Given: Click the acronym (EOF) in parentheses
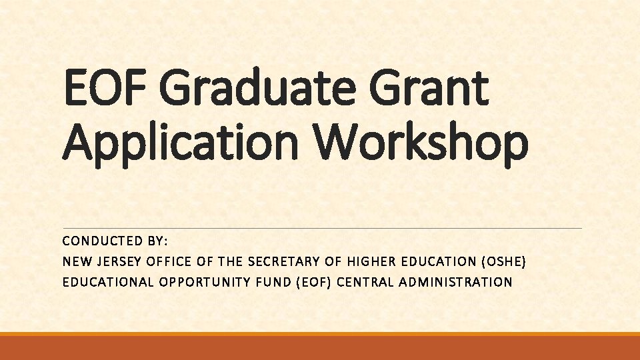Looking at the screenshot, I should (313, 282).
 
